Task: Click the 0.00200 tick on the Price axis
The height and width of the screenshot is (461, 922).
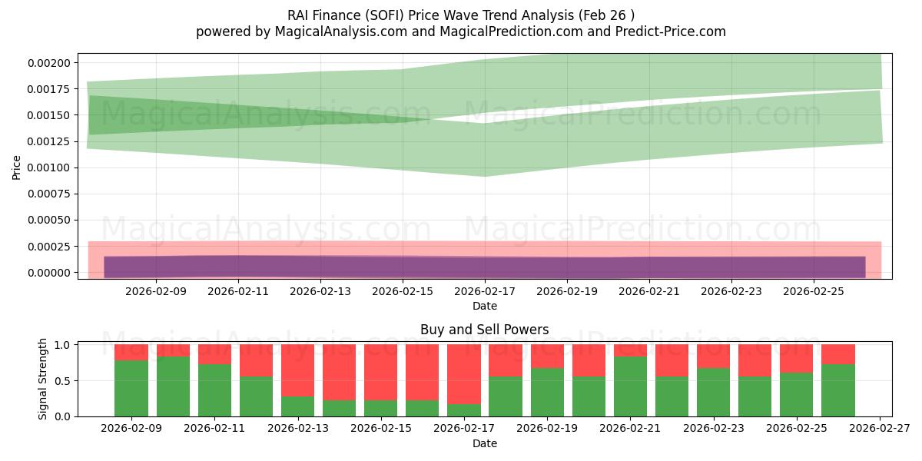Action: point(48,63)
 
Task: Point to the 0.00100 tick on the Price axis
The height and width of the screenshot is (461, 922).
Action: point(48,167)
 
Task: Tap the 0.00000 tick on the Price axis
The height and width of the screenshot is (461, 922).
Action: point(48,273)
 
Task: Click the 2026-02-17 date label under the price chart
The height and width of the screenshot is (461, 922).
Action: point(484,292)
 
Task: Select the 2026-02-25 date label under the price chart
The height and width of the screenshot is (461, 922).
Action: point(813,292)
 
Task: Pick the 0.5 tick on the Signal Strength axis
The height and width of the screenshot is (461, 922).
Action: point(63,380)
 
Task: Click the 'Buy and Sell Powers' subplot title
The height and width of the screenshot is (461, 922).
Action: point(484,330)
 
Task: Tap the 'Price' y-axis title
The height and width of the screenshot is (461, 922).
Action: point(17,167)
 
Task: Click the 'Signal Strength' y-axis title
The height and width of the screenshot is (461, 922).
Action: point(43,379)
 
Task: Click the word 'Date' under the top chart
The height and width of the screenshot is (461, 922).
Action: point(484,306)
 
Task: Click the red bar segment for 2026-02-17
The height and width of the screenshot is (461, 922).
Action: point(464,374)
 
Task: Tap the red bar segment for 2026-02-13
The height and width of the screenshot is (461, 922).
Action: point(297,370)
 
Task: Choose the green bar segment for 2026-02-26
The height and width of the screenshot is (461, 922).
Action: point(837,390)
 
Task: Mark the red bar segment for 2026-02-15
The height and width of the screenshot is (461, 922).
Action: point(380,373)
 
